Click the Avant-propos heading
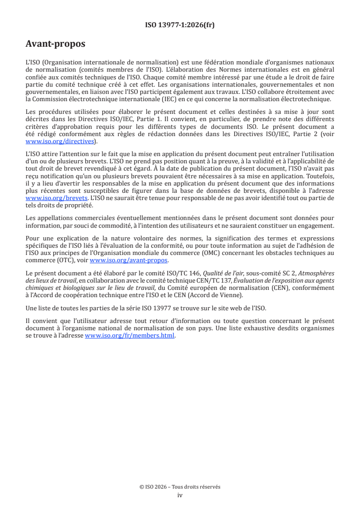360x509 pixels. click(55, 44)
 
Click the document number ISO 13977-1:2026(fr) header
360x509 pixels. click(180, 25)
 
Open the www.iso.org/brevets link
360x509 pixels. click(56, 198)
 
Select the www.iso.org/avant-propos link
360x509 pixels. click(129, 260)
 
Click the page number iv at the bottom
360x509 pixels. click(180, 495)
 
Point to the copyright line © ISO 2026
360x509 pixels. click(180, 487)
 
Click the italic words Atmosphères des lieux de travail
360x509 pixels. click(318, 273)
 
